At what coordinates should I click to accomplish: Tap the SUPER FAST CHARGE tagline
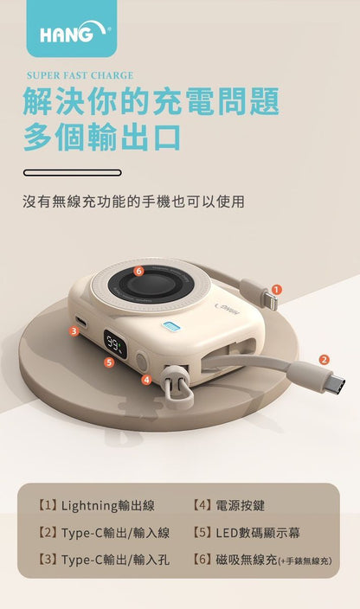(x=80, y=75)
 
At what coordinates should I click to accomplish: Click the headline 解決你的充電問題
(x=151, y=101)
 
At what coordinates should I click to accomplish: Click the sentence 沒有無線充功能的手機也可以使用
(x=133, y=202)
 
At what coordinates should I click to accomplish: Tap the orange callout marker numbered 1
(x=276, y=290)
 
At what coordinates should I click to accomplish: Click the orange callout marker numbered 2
(x=324, y=360)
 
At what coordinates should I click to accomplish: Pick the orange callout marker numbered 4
(x=146, y=379)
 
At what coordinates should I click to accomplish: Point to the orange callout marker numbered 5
(x=108, y=362)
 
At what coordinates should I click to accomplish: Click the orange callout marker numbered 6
(x=138, y=271)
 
